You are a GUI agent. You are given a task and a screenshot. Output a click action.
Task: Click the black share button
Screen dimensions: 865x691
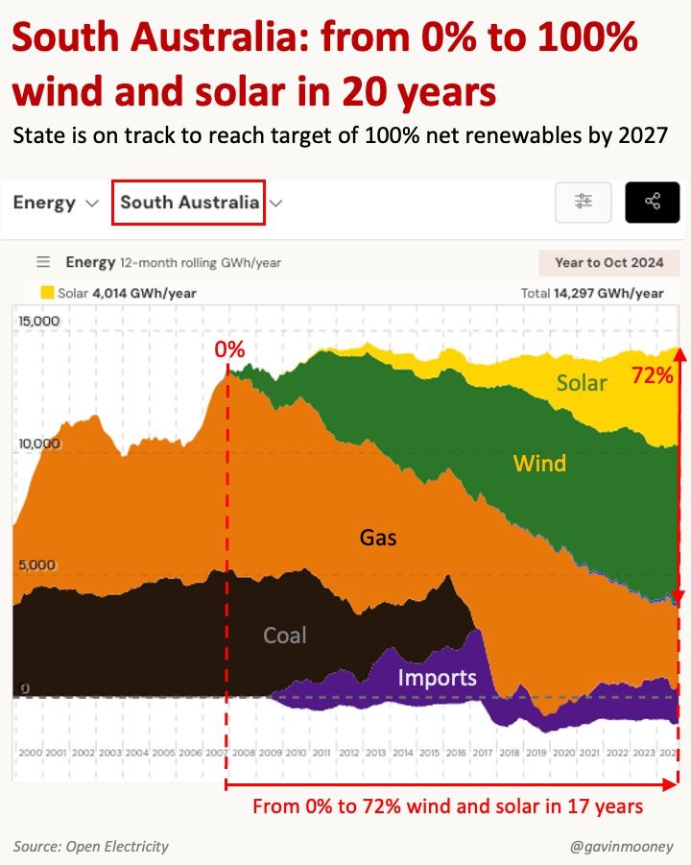[x=652, y=202]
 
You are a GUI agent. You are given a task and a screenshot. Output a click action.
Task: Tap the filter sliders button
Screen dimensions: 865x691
[x=584, y=202]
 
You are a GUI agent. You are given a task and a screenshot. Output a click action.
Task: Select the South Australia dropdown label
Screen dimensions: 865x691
[x=189, y=203]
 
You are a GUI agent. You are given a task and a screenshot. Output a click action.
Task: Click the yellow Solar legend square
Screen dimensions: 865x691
[x=46, y=293]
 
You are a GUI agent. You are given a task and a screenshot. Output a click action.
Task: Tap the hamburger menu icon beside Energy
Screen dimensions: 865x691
[x=42, y=262]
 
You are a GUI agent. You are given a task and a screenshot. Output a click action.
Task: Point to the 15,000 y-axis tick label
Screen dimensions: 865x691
[x=37, y=321]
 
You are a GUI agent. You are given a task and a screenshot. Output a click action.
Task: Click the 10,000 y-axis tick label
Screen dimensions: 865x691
[x=37, y=444]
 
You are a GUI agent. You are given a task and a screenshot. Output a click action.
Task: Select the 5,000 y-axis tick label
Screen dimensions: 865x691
[x=37, y=566]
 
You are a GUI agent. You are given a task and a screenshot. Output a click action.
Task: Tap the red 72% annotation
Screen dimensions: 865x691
[x=651, y=375]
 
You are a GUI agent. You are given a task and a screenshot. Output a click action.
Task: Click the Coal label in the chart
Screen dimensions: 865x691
[x=285, y=636]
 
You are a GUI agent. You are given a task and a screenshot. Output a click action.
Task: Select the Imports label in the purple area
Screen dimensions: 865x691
[x=437, y=678]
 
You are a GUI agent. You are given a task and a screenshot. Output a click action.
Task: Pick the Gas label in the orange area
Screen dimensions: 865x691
[x=378, y=538]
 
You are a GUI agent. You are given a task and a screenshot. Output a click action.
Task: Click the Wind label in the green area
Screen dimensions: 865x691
[x=539, y=464]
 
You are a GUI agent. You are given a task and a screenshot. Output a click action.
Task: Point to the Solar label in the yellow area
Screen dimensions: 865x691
[x=582, y=383]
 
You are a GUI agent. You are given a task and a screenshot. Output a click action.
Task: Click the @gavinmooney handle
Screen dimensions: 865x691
[x=621, y=846]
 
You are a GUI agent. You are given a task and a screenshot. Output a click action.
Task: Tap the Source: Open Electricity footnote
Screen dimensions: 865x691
[x=91, y=846]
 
